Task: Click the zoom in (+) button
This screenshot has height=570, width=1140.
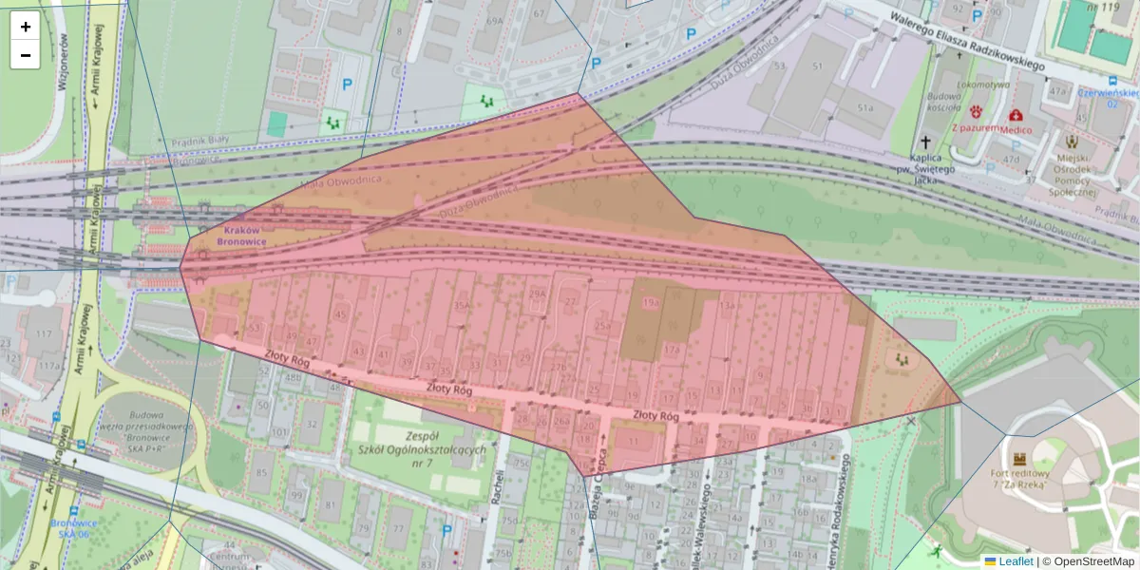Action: click(26, 27)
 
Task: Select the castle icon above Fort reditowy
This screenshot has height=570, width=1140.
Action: click(1021, 458)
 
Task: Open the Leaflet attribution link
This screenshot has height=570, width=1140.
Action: click(1015, 561)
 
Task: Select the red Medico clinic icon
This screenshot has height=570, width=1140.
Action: click(1015, 115)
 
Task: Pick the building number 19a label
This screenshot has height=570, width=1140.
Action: click(651, 302)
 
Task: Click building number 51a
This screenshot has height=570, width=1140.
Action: click(864, 108)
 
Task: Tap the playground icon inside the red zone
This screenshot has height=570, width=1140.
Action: click(900, 360)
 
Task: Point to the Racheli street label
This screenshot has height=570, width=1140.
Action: click(497, 487)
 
